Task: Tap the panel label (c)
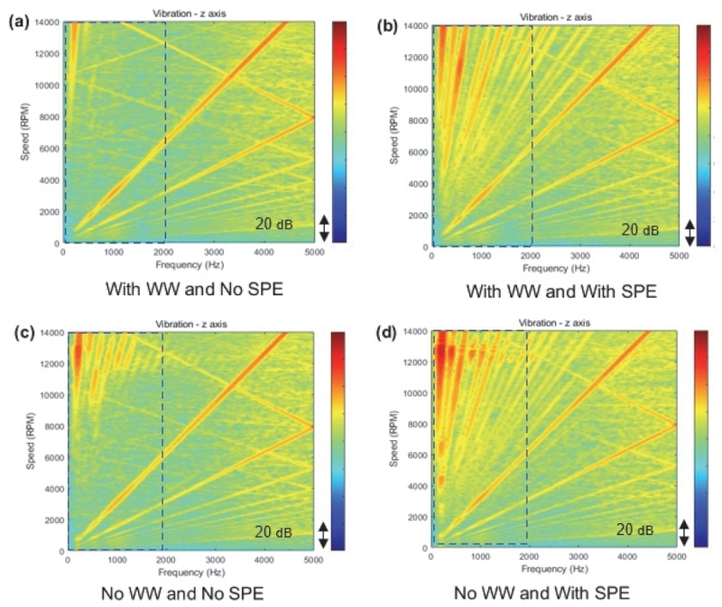(20, 331)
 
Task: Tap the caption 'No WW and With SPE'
(553, 594)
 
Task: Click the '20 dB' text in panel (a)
(273, 223)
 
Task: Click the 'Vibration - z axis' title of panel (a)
(188, 12)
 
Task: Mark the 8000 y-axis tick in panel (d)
(416, 423)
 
